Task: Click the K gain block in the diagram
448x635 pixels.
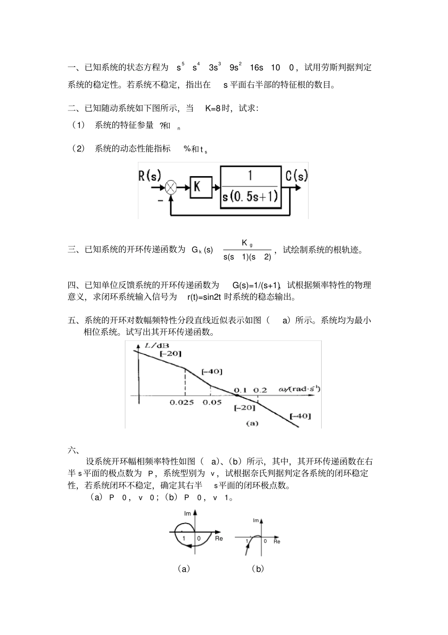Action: click(x=198, y=187)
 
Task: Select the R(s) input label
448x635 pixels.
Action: click(x=149, y=176)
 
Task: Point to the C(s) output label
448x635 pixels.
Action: click(x=296, y=176)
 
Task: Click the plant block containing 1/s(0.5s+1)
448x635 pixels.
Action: click(x=250, y=187)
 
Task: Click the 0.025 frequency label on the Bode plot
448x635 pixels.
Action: click(x=182, y=403)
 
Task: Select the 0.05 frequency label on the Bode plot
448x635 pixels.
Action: click(x=212, y=403)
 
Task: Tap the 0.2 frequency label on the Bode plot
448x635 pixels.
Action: click(x=260, y=390)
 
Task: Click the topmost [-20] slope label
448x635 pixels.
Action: click(x=171, y=354)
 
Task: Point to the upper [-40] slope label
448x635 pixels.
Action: click(x=211, y=372)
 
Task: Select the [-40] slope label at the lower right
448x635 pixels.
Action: click(x=300, y=416)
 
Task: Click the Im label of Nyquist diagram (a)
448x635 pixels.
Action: click(x=188, y=513)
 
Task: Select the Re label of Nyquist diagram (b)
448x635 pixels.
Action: click(x=277, y=542)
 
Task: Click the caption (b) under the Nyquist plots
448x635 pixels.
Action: click(x=257, y=569)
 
